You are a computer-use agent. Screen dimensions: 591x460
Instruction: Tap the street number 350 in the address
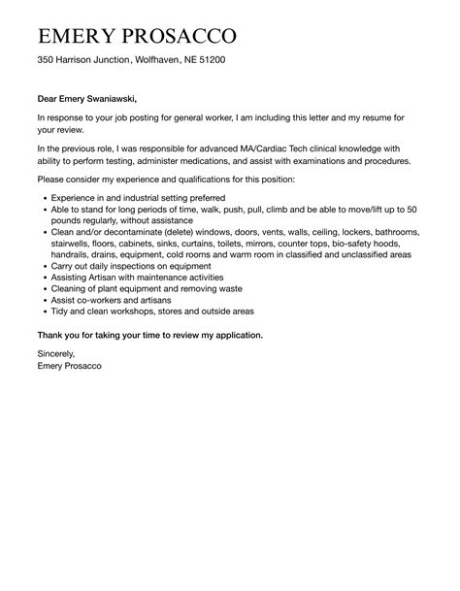pos(47,61)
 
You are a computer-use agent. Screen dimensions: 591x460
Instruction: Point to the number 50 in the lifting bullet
pos(411,210)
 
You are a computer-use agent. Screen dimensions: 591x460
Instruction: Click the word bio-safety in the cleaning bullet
pos(351,246)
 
